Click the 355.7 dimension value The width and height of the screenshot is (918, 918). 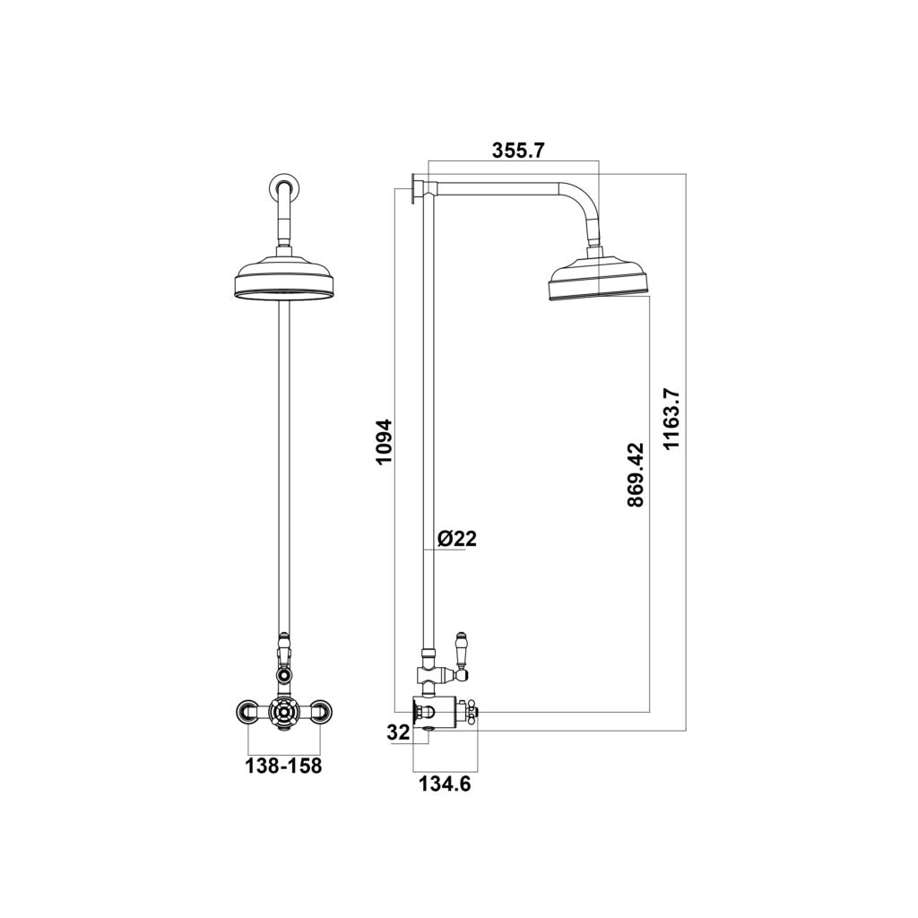point(518,151)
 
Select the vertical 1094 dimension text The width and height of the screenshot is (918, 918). point(385,441)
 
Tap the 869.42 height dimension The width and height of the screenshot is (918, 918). point(636,474)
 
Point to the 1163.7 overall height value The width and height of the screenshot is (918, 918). point(672,419)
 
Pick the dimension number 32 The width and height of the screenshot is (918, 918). point(398,732)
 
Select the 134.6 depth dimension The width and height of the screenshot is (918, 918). point(445,784)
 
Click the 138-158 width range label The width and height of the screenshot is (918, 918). point(283,766)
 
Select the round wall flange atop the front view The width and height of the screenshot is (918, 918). point(283,188)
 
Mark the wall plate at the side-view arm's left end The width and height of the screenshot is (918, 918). point(416,187)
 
